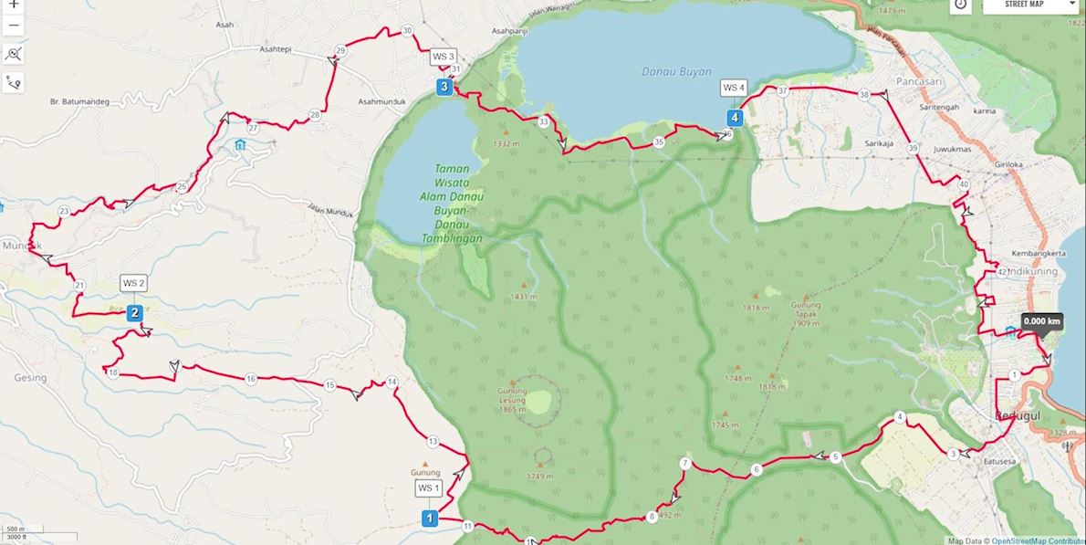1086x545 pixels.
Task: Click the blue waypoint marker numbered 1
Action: pos(428,519)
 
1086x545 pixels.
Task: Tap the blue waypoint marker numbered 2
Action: pos(134,313)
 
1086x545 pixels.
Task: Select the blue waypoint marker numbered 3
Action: pos(444,87)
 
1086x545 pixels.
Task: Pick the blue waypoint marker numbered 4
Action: pos(734,117)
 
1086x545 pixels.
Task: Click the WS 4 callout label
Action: pos(734,88)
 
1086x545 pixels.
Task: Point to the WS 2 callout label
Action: pos(134,283)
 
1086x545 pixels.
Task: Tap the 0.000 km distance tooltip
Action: pos(1041,321)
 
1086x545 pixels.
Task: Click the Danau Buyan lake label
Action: pos(675,71)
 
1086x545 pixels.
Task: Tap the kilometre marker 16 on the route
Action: pos(251,378)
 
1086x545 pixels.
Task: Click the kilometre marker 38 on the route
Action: pos(863,95)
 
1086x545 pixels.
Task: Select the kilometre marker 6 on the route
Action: pos(756,470)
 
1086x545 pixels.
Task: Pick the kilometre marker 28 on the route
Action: pos(315,115)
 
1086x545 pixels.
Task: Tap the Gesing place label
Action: pos(29,377)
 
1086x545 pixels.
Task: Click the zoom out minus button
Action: pos(14,25)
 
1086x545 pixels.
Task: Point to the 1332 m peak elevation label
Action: pos(506,144)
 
